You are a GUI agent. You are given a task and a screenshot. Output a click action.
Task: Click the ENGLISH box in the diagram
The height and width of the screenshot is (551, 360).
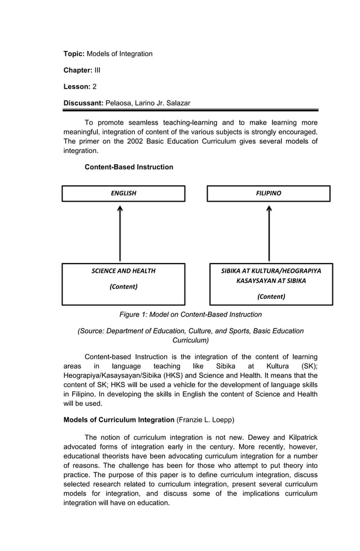(x=123, y=194)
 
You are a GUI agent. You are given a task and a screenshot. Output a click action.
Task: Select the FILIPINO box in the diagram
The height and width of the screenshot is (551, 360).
(x=268, y=194)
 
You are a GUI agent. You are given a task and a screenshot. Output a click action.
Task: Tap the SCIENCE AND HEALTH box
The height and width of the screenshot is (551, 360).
(x=123, y=284)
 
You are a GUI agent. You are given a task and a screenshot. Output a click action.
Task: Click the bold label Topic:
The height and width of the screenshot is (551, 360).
(x=74, y=54)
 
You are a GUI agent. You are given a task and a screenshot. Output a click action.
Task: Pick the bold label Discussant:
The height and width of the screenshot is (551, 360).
(x=83, y=103)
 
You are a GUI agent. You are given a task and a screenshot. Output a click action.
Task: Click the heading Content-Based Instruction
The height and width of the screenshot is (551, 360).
(x=129, y=167)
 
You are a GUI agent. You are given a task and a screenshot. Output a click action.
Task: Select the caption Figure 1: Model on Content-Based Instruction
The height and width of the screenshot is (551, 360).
(x=190, y=314)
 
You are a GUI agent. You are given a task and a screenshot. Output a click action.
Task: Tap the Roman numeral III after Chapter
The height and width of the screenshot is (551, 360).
(x=97, y=70)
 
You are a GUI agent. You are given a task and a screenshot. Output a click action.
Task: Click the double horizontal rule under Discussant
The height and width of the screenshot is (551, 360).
(x=190, y=110)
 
